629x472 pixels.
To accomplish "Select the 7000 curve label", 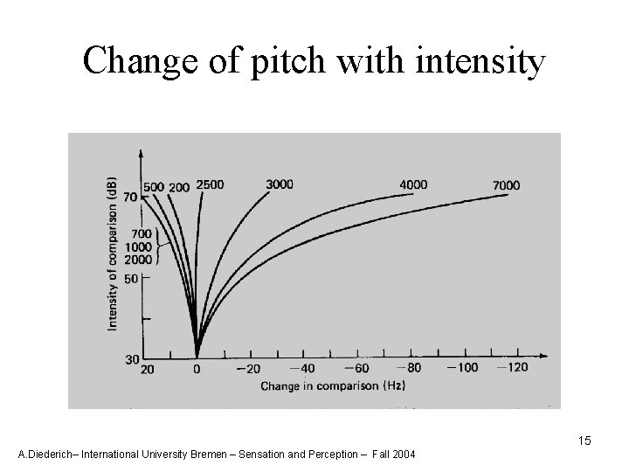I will click(506, 185).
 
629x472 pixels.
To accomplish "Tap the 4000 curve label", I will click(413, 184).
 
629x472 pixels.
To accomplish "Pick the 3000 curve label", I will click(280, 184).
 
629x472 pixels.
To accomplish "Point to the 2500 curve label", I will click(210, 184).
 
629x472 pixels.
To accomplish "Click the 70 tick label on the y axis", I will click(129, 198).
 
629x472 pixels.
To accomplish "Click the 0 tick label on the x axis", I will click(197, 369).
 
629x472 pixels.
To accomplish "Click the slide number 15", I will click(584, 441).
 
